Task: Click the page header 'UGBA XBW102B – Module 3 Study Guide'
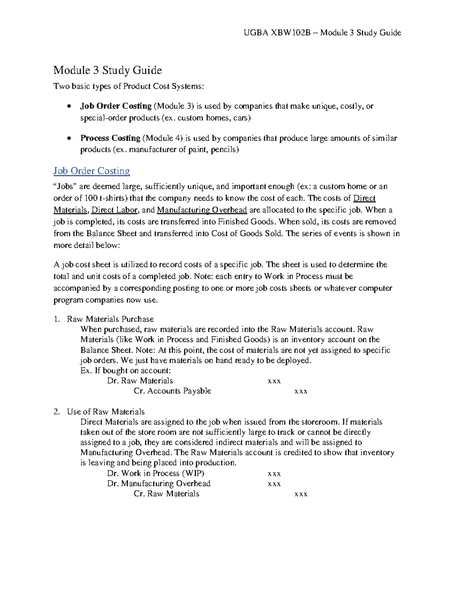click(x=322, y=33)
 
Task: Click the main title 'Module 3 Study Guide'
click(x=107, y=70)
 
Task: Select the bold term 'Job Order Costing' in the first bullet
click(x=116, y=106)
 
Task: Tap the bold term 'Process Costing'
click(x=110, y=138)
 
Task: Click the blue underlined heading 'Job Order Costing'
click(x=91, y=171)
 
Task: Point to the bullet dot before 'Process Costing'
click(x=68, y=138)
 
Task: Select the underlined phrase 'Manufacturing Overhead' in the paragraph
click(x=202, y=210)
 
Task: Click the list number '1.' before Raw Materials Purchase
click(x=57, y=319)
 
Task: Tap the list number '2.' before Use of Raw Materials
click(x=57, y=412)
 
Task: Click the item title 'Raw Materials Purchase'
click(x=110, y=319)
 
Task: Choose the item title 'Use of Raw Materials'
click(x=106, y=412)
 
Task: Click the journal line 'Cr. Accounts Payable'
click(x=172, y=391)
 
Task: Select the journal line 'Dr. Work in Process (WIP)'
click(x=155, y=473)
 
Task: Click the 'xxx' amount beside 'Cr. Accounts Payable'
click(x=301, y=391)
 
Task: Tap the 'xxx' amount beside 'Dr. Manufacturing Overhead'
click(x=274, y=484)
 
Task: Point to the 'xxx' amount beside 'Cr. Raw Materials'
click(x=301, y=494)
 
